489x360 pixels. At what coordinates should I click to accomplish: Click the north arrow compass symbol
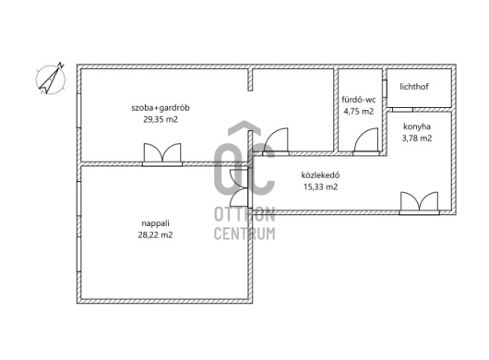51,79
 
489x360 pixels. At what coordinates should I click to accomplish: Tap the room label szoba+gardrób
161,108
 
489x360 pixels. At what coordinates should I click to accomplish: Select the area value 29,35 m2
161,119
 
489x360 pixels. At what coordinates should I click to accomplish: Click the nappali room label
155,223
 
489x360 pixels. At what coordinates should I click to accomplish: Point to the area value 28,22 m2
155,234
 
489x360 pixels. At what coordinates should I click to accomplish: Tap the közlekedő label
320,175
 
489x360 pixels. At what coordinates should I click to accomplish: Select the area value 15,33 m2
320,186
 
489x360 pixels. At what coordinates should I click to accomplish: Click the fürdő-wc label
359,100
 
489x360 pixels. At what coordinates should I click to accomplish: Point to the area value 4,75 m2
359,112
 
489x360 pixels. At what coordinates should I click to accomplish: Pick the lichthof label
414,87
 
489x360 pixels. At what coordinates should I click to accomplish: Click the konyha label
417,126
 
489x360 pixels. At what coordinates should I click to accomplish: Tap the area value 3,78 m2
417,138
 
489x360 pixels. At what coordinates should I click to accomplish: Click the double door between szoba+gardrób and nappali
162,154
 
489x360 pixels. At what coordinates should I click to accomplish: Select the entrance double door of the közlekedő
419,203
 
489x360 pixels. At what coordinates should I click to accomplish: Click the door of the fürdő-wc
366,141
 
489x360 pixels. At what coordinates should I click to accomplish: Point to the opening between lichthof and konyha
402,110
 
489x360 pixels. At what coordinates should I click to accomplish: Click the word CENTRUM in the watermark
244,234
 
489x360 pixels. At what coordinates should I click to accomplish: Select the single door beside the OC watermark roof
276,141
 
